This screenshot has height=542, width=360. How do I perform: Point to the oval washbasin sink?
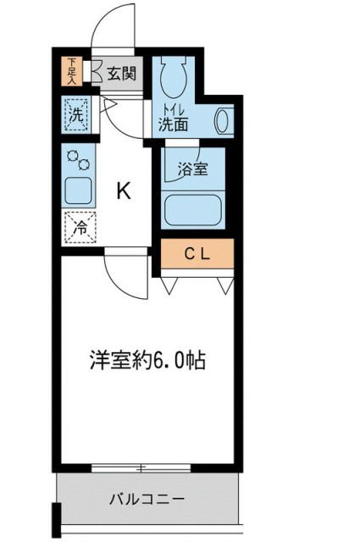[224, 120]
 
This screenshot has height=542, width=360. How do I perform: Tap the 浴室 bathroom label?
[191, 169]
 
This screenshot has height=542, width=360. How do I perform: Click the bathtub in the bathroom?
[194, 209]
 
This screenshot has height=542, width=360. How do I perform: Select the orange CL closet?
[197, 252]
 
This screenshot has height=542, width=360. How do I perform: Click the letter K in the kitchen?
[124, 191]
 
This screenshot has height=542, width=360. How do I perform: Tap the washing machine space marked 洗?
[75, 115]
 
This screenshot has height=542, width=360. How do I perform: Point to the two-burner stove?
[79, 159]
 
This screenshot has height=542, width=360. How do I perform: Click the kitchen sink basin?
[79, 190]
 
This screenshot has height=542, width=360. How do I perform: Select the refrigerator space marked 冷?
[79, 227]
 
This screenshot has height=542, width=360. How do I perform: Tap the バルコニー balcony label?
[146, 499]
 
